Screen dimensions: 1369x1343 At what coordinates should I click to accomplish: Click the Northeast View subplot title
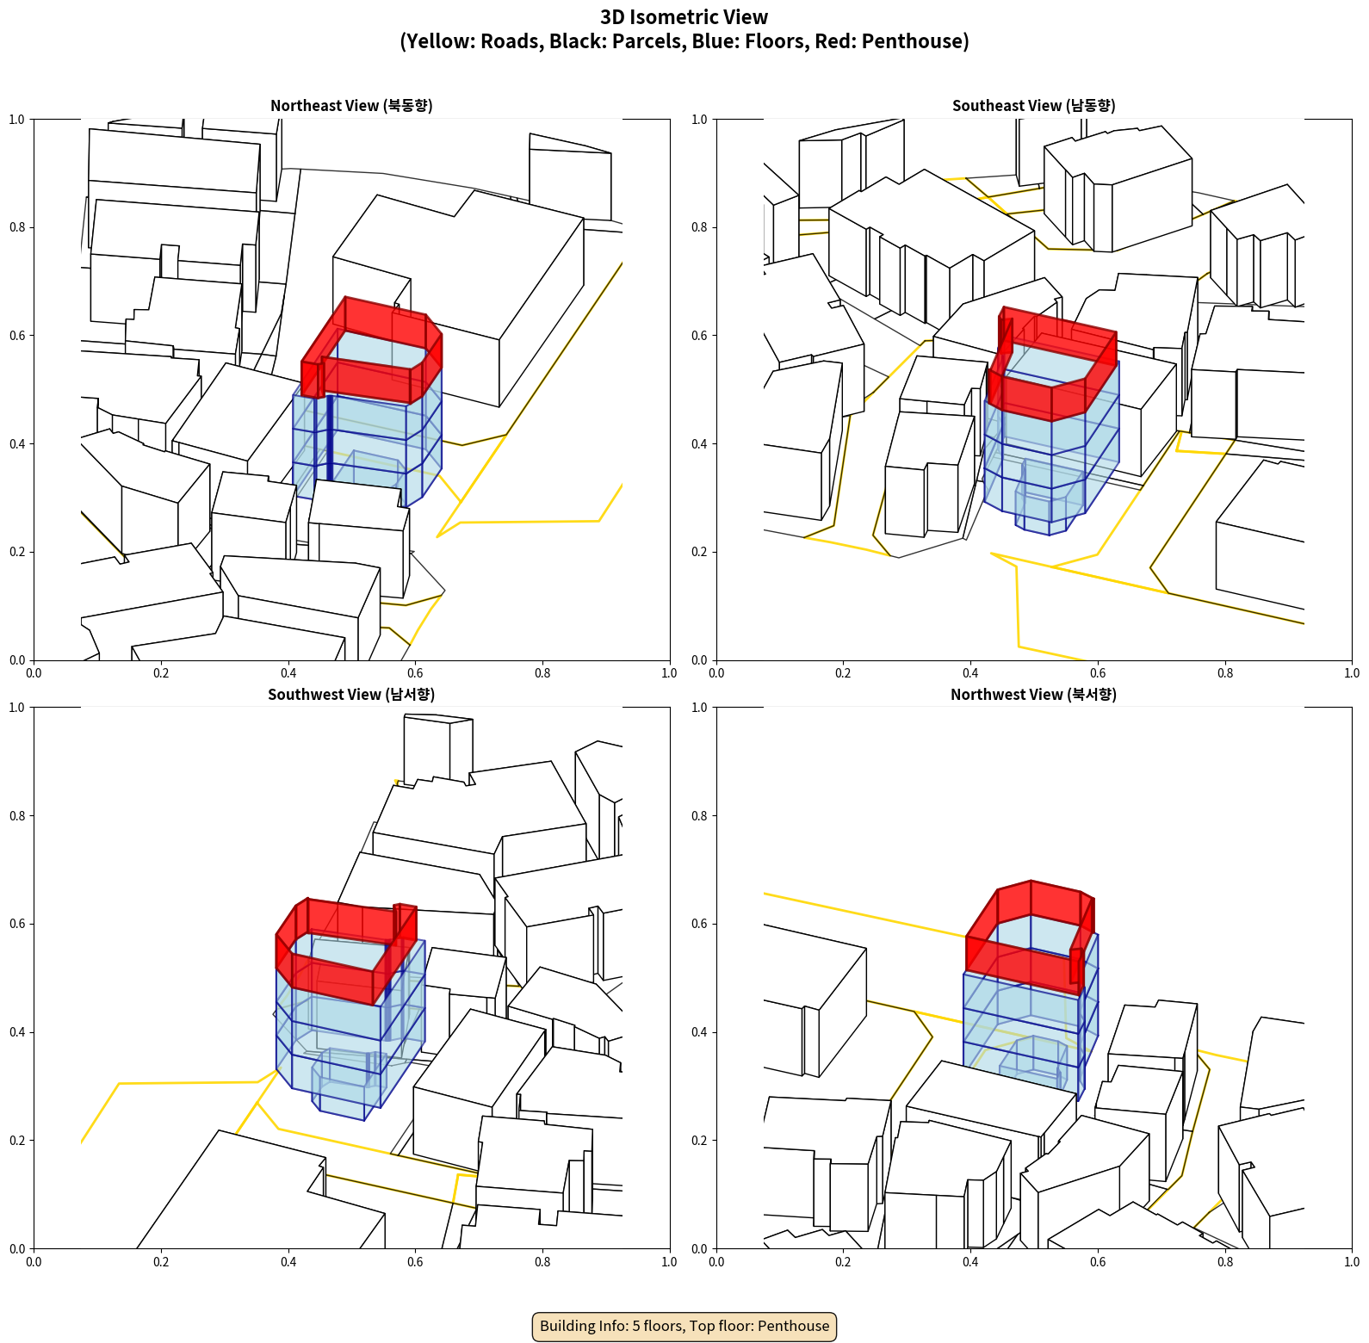[351, 106]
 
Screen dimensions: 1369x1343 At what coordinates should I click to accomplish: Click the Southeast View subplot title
[1033, 106]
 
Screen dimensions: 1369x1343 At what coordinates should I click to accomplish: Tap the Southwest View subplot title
[351, 695]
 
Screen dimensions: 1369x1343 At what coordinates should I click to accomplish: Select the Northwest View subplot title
[1033, 695]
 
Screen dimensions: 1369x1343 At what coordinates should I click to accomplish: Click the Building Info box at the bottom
[684, 1326]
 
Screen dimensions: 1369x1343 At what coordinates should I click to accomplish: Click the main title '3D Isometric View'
[684, 17]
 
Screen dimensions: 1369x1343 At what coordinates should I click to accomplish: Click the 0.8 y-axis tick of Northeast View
[17, 227]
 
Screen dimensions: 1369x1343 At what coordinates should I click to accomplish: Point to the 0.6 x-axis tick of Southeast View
[1098, 673]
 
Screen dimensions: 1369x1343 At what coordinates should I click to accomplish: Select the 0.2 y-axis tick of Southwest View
[17, 1140]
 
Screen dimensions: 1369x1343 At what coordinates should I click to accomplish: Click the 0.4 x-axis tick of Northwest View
[970, 1262]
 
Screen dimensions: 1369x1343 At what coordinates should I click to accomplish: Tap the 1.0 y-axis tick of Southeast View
[699, 119]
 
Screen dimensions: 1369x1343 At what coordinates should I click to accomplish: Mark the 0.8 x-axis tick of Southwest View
[542, 1262]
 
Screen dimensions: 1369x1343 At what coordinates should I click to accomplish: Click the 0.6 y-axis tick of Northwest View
[699, 924]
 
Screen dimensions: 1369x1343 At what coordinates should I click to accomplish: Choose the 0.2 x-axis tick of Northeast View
[161, 673]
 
